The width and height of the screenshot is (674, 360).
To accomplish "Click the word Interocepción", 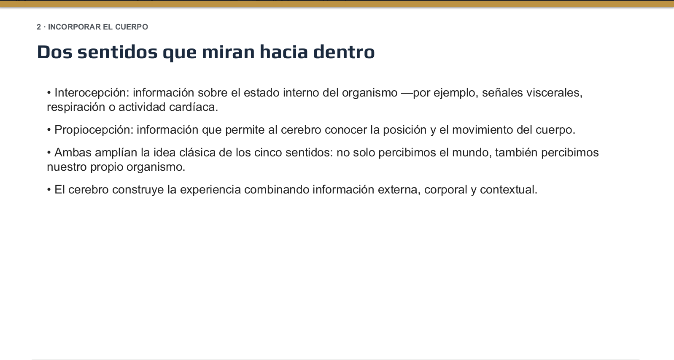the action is [x=92, y=93].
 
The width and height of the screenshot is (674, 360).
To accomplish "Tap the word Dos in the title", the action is [x=54, y=52].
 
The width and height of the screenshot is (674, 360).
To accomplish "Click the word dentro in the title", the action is [x=344, y=52].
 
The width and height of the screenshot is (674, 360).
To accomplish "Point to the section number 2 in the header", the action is [x=39, y=27].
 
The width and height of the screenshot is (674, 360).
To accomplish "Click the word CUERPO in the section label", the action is [x=132, y=27].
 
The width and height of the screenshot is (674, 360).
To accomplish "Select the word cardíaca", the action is [x=194, y=107].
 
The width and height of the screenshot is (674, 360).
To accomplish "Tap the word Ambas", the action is [x=73, y=153].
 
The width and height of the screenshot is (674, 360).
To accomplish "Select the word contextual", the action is [x=509, y=190].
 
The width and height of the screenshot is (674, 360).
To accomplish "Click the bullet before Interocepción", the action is [x=49, y=93].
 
